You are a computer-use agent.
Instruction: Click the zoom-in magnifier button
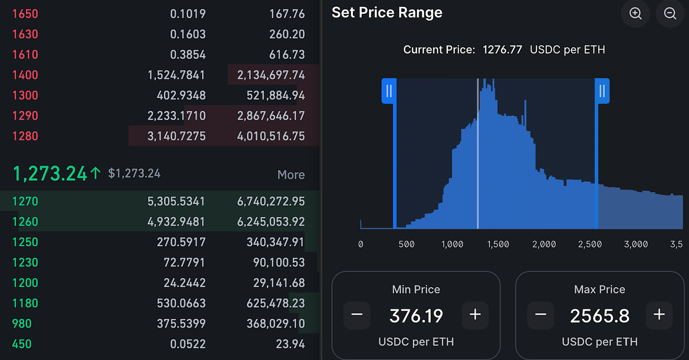coord(635,14)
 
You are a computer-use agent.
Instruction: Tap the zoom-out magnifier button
coord(670,14)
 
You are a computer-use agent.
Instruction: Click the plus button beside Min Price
coord(475,315)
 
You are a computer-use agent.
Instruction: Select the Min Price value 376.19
coord(416,316)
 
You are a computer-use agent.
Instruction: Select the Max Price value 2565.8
coord(599,316)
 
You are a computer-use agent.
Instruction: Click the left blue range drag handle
coord(389,91)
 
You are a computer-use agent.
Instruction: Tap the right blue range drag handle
coord(602,91)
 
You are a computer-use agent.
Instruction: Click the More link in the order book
coord(291,175)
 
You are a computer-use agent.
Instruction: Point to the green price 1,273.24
coord(50,173)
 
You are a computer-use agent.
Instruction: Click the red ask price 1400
coord(25,75)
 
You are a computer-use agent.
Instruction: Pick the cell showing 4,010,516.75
coord(271,136)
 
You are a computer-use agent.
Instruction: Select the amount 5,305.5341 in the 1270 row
coord(176,201)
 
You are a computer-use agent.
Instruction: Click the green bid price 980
coord(22,324)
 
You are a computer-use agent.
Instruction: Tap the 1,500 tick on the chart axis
coord(498,244)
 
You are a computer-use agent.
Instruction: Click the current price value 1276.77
coord(502,50)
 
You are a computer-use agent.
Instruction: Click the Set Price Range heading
coord(387,13)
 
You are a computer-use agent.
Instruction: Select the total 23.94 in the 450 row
coord(290,344)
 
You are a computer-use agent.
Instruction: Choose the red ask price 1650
coord(25,14)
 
